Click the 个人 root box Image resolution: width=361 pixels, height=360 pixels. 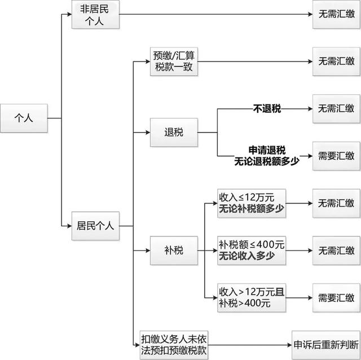pyautogui.click(x=24, y=118)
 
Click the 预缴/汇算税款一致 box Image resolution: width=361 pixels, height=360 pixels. pyautogui.click(x=174, y=62)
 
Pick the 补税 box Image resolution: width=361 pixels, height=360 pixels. pyautogui.click(x=174, y=249)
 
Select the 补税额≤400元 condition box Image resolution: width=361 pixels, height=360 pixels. pyautogui.click(x=252, y=249)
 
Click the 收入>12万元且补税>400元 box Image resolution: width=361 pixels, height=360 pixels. pyautogui.click(x=252, y=297)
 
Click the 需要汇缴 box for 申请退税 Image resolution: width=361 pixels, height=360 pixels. pyautogui.click(x=337, y=156)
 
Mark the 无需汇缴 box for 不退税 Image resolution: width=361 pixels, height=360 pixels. pyautogui.click(x=337, y=108)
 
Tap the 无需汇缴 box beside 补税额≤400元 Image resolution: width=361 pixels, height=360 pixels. pyautogui.click(x=337, y=249)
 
